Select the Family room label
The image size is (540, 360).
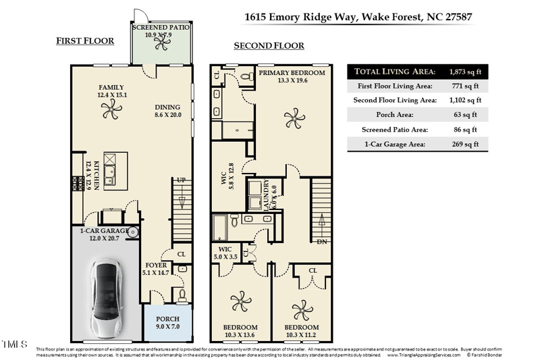tap(112, 88)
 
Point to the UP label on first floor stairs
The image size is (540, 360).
tap(180, 181)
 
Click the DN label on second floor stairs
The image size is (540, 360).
tap(322, 241)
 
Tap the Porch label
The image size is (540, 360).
tap(167, 319)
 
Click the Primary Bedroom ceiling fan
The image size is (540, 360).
tap(292, 120)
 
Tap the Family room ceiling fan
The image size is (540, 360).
tap(112, 114)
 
